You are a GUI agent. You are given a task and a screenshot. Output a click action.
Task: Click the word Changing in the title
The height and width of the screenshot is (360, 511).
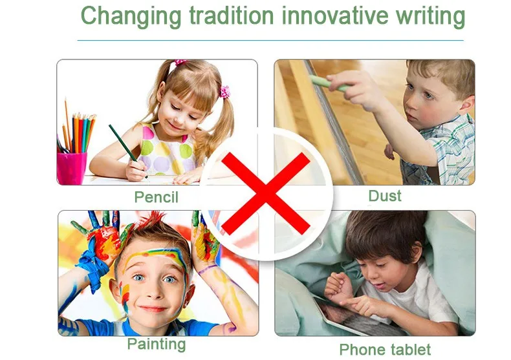click(131, 16)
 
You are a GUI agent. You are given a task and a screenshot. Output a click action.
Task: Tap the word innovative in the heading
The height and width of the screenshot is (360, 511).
click(334, 16)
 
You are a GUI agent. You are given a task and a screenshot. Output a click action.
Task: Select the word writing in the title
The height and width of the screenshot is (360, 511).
click(431, 16)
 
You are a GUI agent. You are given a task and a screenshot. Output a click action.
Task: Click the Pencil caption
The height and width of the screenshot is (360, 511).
click(157, 197)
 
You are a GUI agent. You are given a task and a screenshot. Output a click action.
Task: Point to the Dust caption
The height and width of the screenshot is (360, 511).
click(385, 196)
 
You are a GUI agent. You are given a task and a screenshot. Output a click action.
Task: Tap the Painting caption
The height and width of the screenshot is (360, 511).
click(157, 344)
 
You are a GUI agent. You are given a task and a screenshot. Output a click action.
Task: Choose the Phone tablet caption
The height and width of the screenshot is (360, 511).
click(385, 350)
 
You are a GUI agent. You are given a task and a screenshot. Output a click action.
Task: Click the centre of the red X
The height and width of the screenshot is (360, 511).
click(266, 194)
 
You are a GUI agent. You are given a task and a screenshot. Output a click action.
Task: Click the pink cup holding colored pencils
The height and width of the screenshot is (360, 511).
click(72, 168)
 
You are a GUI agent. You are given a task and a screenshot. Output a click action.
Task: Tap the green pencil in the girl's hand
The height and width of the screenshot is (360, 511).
click(127, 151)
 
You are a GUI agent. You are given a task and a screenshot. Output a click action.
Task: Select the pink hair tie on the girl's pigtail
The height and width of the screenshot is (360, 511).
click(224, 92)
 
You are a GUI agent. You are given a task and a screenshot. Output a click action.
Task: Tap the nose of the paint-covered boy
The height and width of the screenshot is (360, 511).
click(153, 292)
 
